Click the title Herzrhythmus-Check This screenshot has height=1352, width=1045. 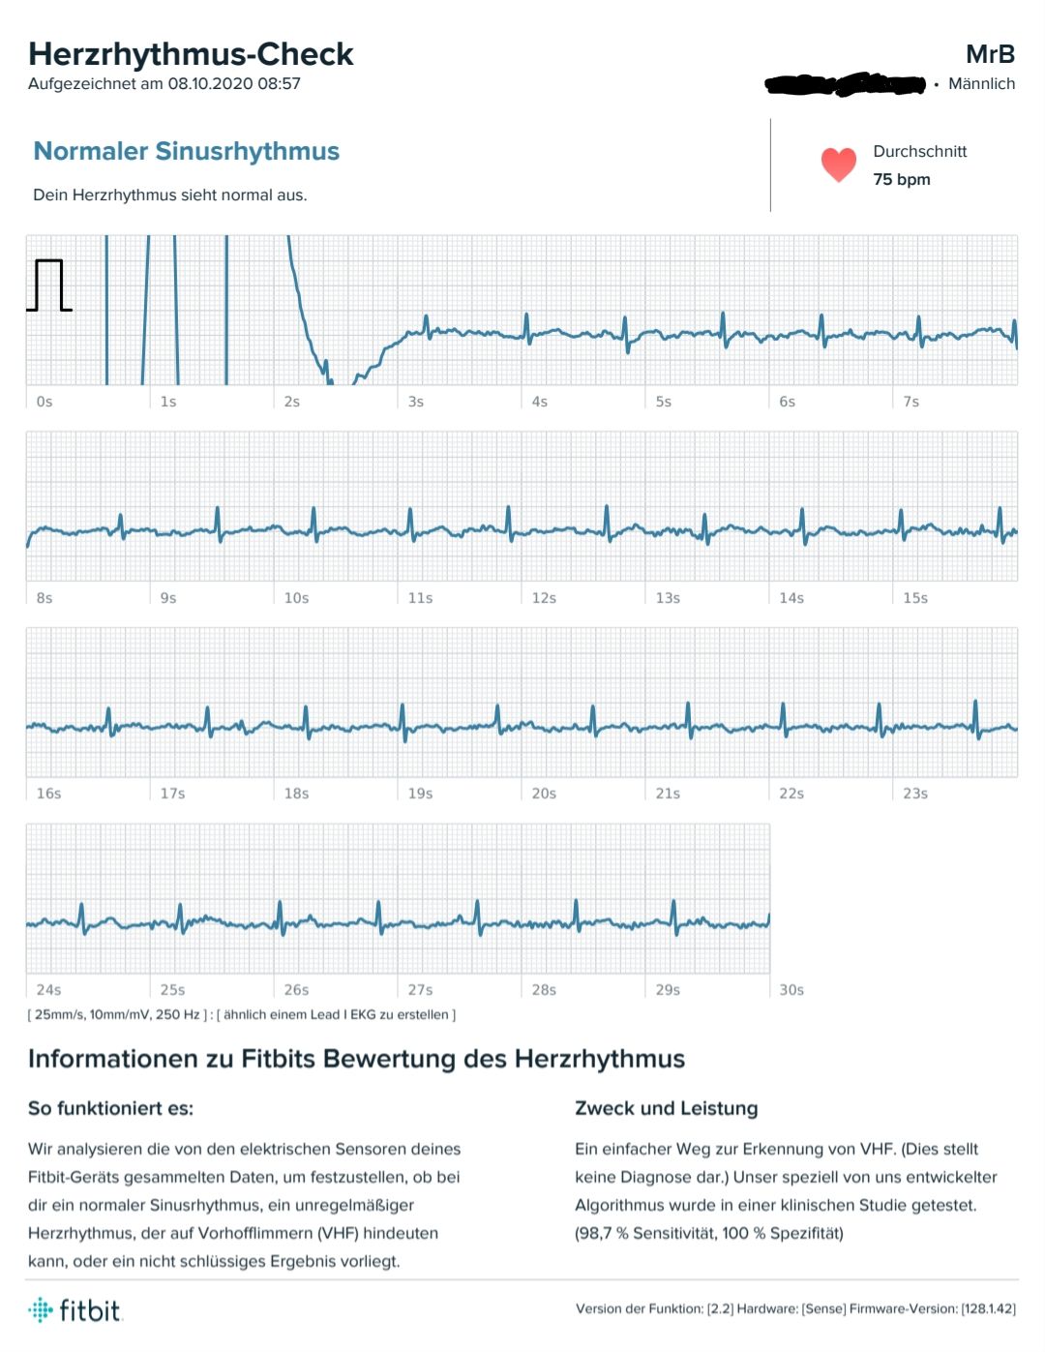coord(191,54)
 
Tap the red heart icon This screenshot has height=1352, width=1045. coord(838,165)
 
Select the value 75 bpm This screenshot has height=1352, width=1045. coord(901,179)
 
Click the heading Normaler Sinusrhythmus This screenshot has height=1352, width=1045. coord(186,151)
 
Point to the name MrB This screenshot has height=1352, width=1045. coord(990,54)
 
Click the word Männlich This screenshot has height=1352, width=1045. coord(981,84)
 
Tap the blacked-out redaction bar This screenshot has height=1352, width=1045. coord(845,85)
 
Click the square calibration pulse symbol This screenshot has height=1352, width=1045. coord(49,285)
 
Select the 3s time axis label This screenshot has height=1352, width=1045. coord(416,402)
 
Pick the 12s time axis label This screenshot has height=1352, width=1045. coord(544,598)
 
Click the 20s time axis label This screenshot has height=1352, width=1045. coord(544,794)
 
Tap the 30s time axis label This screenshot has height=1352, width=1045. coord(791,990)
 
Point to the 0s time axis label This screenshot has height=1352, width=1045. coord(45,402)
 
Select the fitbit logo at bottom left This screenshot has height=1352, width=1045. coord(75,1310)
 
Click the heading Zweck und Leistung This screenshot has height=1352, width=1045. coord(666,1108)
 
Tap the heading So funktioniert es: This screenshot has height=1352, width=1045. coord(110,1108)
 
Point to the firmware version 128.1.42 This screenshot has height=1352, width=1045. coord(988,1308)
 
